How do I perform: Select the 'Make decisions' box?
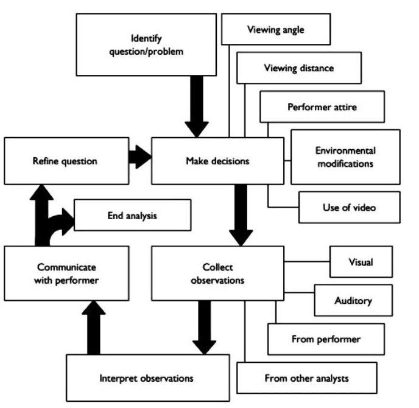217,161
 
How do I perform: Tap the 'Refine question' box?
66,161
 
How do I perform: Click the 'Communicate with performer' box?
66,273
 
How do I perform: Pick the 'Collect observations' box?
217,273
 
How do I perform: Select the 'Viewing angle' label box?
276,29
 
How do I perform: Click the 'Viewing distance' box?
299,68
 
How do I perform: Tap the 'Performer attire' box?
322,107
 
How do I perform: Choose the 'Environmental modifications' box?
345,157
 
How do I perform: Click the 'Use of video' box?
350,207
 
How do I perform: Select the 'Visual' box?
361,262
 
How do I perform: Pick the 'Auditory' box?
353,300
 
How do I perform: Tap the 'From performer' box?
326,339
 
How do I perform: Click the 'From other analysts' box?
307,378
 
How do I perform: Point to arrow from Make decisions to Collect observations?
242,214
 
